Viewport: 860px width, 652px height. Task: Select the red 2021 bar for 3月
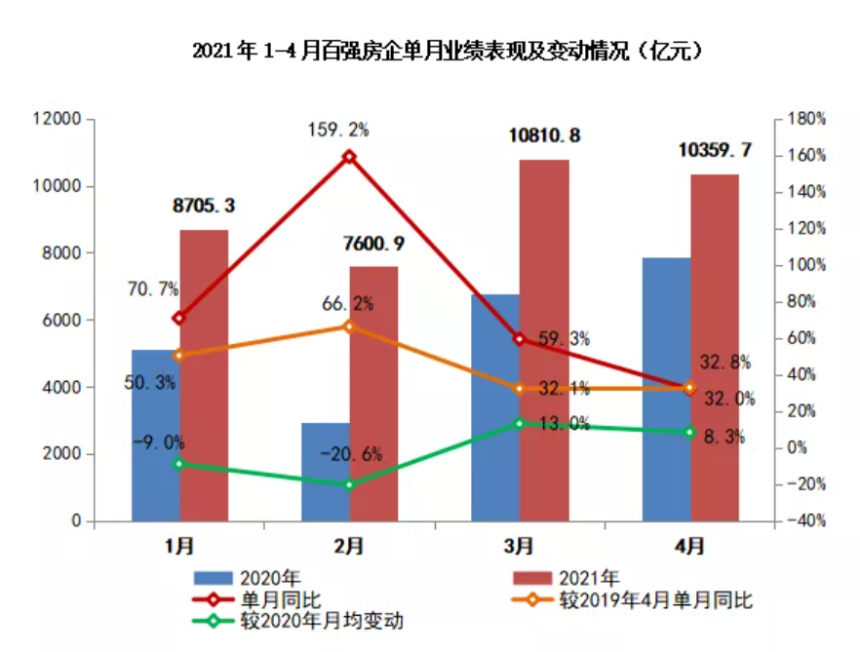tap(544, 341)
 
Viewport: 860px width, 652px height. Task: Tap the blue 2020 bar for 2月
tap(325, 473)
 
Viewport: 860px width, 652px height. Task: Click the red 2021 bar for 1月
tap(204, 375)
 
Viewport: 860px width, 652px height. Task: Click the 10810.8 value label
tap(544, 135)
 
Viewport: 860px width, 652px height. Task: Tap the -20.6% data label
tap(351, 453)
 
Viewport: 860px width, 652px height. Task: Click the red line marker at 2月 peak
tap(349, 157)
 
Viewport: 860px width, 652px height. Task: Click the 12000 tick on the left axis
tap(56, 119)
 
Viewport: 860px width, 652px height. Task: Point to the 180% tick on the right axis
tap(806, 119)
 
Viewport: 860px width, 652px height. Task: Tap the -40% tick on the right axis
tap(806, 521)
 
